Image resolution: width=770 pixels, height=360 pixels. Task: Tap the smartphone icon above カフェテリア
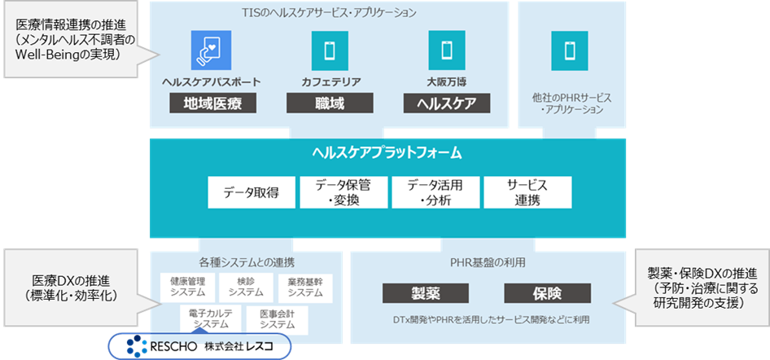coord(329,50)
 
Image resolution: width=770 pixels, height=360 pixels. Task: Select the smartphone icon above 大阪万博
coord(446,50)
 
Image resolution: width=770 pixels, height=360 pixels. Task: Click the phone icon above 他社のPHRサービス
coord(569,50)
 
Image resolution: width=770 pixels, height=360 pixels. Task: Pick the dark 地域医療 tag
coord(212,103)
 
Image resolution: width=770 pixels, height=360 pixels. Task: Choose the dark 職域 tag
coord(330,103)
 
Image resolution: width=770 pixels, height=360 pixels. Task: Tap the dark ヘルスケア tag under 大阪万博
coord(447,103)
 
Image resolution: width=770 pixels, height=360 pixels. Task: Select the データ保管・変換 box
coord(342,193)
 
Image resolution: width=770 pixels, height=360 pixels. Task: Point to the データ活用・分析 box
coord(434,193)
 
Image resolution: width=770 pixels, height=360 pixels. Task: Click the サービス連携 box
coord(527,193)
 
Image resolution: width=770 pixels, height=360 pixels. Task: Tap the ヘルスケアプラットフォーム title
coord(387,152)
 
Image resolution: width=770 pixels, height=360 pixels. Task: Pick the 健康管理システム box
coord(187,287)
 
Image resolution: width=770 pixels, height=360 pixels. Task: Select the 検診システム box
coord(246,287)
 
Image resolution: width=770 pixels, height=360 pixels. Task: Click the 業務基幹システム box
coord(304,287)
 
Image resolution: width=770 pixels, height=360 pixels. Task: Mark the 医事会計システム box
coord(278,318)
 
